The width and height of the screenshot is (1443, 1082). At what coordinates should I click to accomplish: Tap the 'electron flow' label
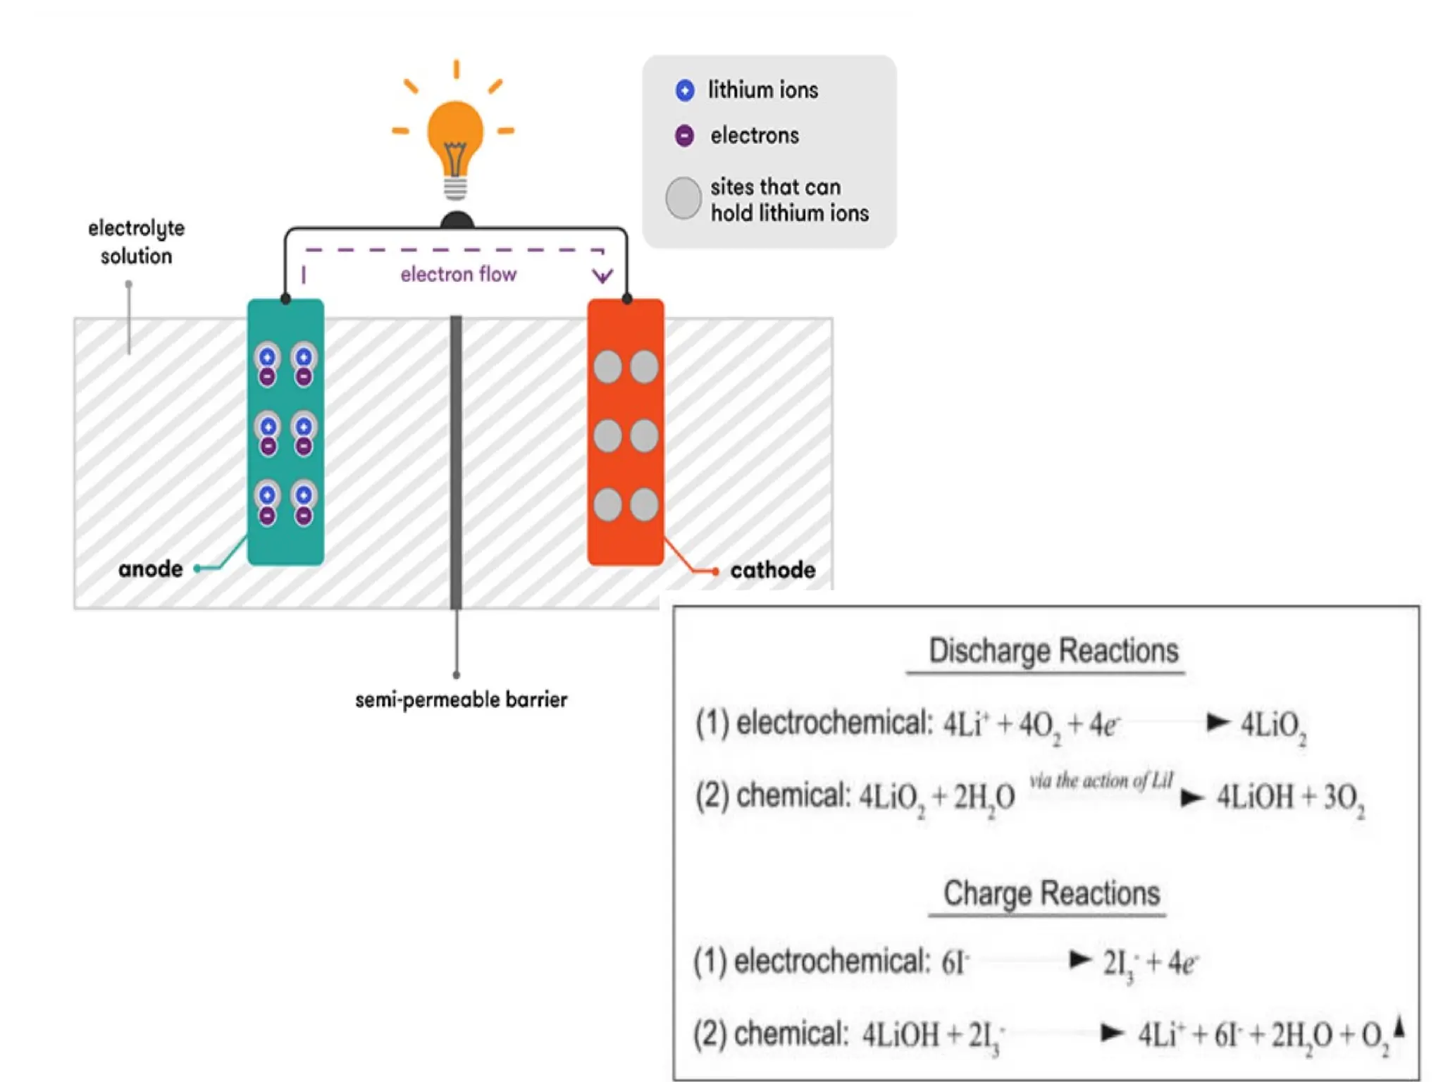point(458,274)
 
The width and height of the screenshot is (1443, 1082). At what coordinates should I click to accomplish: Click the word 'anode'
point(150,568)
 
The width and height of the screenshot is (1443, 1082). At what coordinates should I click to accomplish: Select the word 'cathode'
point(772,570)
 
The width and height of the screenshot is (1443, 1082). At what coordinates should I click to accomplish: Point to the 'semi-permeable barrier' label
point(461,699)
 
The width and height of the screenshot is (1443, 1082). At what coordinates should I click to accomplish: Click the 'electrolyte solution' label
point(136,242)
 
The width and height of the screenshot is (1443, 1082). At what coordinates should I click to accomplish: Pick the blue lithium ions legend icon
point(684,90)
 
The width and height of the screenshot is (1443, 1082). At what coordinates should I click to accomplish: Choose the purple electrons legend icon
point(684,135)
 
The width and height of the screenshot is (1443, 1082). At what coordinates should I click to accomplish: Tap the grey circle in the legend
point(683,198)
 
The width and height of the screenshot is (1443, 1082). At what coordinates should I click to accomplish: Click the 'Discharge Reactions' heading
point(1053,651)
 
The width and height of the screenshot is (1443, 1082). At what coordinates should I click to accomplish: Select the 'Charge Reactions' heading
point(1051,893)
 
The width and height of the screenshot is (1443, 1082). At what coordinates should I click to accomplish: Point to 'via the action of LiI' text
point(1101,781)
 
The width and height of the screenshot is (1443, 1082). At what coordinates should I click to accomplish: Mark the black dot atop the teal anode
point(285,299)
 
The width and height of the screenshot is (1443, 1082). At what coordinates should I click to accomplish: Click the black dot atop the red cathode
point(626,299)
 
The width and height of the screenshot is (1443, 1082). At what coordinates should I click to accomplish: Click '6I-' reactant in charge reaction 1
point(955,962)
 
